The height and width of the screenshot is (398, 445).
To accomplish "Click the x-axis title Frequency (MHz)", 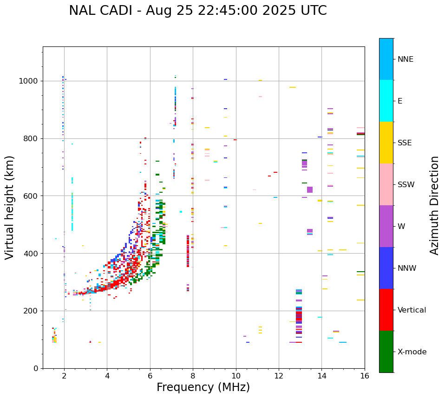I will pyautogui.click(x=203, y=387).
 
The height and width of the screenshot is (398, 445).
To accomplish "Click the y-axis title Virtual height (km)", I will pyautogui.click(x=10, y=208).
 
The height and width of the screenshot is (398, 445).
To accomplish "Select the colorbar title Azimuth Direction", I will pyautogui.click(x=434, y=205).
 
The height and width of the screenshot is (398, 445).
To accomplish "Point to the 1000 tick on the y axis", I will pyautogui.click(x=31, y=81).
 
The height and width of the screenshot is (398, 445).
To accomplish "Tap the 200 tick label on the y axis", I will pyautogui.click(x=33, y=311).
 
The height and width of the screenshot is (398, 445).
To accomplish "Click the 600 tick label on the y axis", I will pyautogui.click(x=33, y=196).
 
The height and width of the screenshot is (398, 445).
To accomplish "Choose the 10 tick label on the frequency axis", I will pyautogui.click(x=236, y=376).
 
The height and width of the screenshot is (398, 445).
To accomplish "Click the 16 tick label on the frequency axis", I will pyautogui.click(x=365, y=376).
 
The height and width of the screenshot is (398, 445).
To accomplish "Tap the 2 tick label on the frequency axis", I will pyautogui.click(x=64, y=376).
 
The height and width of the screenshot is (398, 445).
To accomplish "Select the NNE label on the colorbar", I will pyautogui.click(x=405, y=59).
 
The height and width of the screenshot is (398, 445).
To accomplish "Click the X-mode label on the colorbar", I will pyautogui.click(x=412, y=352).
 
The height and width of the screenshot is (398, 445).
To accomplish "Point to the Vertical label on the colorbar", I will pyautogui.click(x=412, y=310).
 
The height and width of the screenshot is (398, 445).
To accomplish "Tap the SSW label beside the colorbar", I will pyautogui.click(x=406, y=185).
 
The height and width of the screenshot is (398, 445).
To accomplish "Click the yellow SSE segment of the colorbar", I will pyautogui.click(x=386, y=143).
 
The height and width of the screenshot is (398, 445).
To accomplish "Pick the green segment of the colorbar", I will pyautogui.click(x=386, y=352).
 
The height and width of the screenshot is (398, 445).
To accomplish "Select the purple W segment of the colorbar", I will pyautogui.click(x=386, y=226).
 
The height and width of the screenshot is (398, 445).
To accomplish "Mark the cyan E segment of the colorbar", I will pyautogui.click(x=386, y=101).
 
